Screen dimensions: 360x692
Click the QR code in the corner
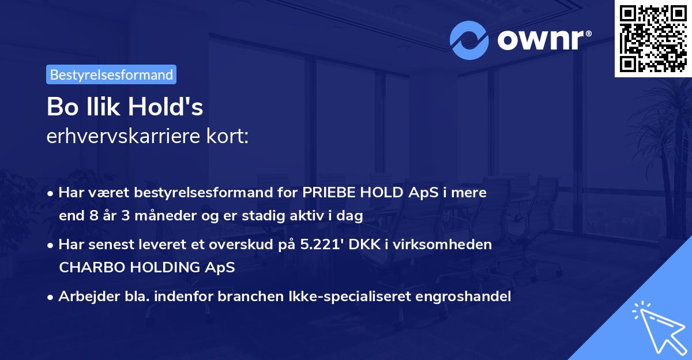click(653, 38)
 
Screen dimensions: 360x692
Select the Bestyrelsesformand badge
click(111, 74)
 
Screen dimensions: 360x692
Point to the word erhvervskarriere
click(127, 136)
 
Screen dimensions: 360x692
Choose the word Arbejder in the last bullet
click(84, 297)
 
